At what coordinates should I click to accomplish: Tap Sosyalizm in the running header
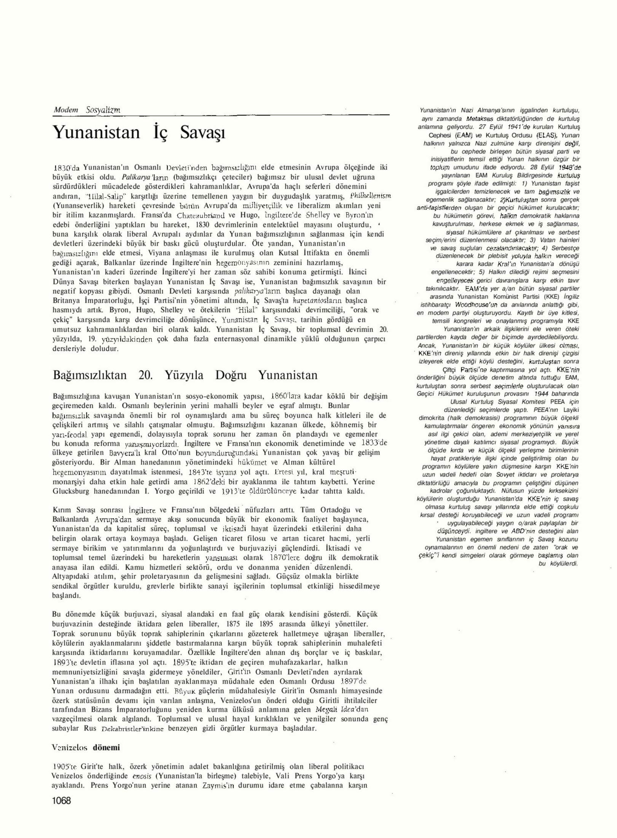[x=103, y=110]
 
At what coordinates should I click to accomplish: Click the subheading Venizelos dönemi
[x=86, y=747]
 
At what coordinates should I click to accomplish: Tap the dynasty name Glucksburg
[x=72, y=491]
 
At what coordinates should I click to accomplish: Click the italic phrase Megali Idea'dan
[x=343, y=709]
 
